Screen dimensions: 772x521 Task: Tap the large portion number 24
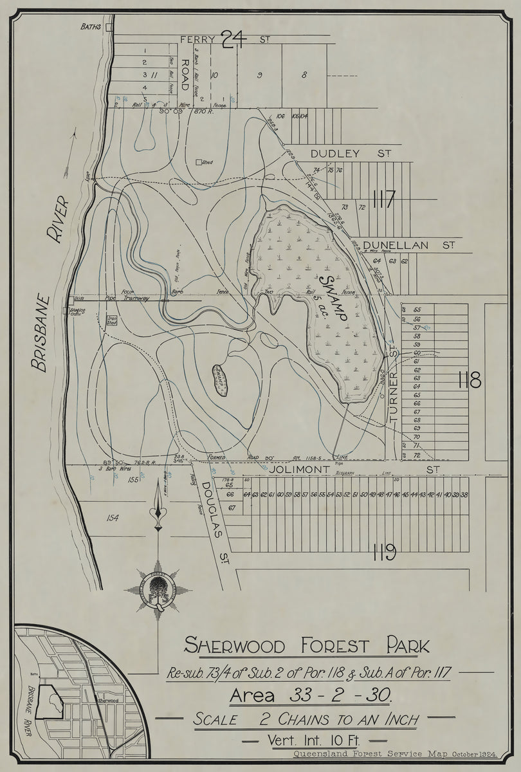[233, 40]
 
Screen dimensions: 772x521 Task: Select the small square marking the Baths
[109, 27]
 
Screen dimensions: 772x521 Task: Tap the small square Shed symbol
[199, 163]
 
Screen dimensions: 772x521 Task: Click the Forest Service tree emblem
[158, 589]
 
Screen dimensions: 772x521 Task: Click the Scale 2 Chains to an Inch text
[306, 719]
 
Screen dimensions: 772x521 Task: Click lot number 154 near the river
[113, 517]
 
